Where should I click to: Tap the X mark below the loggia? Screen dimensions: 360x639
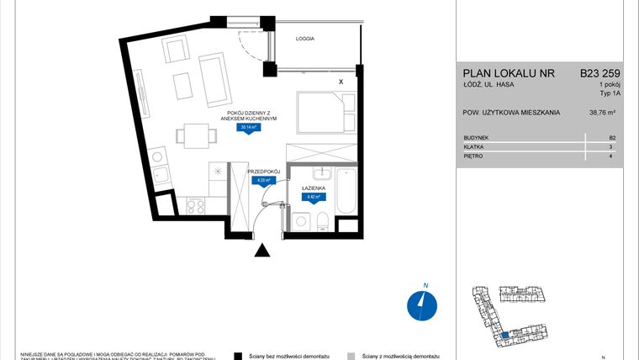click(340, 82)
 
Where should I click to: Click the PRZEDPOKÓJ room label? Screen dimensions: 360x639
click(263, 171)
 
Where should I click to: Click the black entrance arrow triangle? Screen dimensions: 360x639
click(263, 250)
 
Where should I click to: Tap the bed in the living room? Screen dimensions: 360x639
click(320, 112)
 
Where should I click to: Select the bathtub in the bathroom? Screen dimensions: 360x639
click(346, 192)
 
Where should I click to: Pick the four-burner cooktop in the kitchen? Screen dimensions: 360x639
click(196, 204)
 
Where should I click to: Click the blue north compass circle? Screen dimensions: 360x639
click(418, 304)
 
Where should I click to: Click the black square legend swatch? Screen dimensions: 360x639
click(239, 356)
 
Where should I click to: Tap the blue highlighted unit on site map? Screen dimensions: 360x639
click(504, 334)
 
